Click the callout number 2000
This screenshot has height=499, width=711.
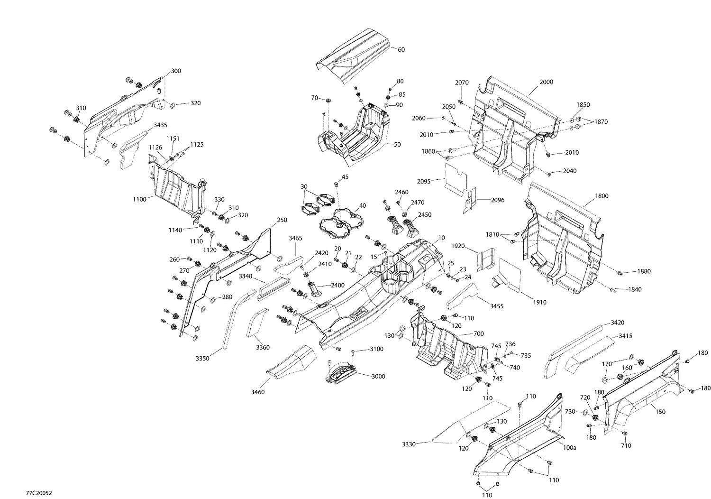(x=547, y=82)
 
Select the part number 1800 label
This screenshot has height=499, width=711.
(x=601, y=196)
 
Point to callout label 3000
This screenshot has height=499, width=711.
(x=378, y=376)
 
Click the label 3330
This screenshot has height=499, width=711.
(x=409, y=444)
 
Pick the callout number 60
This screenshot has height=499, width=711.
(x=401, y=49)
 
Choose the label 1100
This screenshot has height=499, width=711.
(x=139, y=199)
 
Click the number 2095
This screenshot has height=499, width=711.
(x=424, y=181)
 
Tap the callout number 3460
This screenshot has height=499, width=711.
(x=258, y=392)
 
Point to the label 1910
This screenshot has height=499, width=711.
(x=539, y=302)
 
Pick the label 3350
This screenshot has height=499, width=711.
(x=202, y=359)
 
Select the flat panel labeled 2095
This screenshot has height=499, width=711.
(x=455, y=178)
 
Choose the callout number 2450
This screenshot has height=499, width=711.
(x=424, y=214)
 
